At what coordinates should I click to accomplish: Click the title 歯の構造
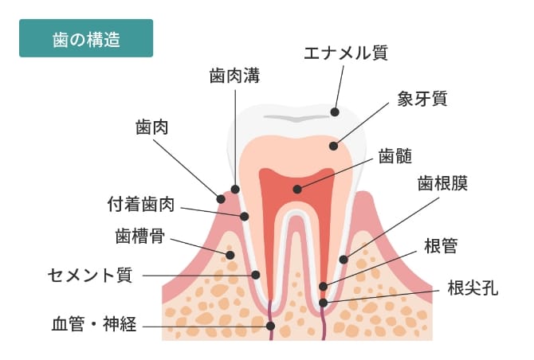pyautogui.click(x=86, y=38)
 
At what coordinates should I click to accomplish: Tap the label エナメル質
pyautogui.click(x=346, y=54)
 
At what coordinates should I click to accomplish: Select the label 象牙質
pyautogui.click(x=422, y=100)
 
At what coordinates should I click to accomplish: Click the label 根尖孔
pyautogui.click(x=472, y=288)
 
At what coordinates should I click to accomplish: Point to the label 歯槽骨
pyautogui.click(x=140, y=236)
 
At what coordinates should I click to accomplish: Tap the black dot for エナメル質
pyautogui.click(x=336, y=112)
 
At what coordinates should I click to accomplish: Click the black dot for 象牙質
pyautogui.click(x=334, y=146)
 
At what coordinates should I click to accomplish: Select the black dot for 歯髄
pyautogui.click(x=296, y=190)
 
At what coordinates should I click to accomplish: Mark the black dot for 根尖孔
pyautogui.click(x=323, y=303)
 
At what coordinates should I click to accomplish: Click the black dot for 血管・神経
pyautogui.click(x=271, y=326)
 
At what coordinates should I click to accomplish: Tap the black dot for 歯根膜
pyautogui.click(x=344, y=258)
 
